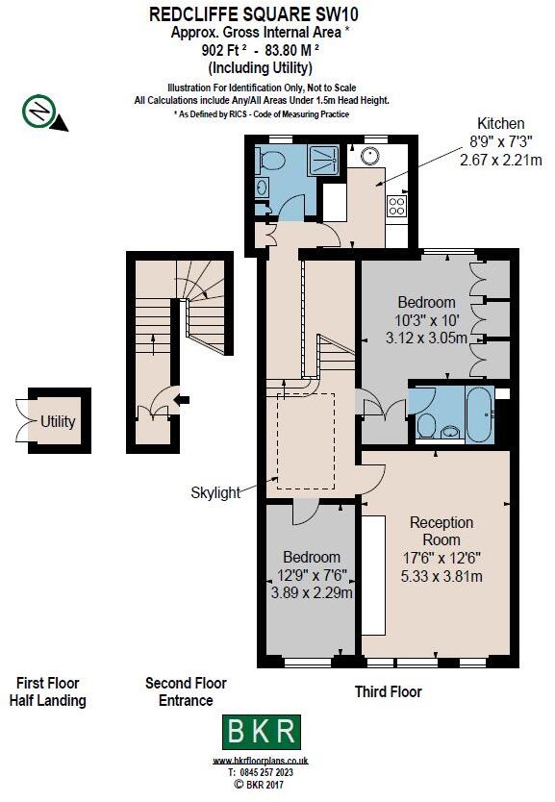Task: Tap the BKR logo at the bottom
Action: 262,732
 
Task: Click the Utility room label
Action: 58,421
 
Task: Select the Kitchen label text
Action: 501,123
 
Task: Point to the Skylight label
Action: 215,492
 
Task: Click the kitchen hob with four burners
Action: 394,205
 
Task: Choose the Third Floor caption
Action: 388,691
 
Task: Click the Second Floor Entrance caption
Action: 186,691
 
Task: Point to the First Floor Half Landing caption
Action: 47,691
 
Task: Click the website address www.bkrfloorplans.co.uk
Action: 262,761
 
